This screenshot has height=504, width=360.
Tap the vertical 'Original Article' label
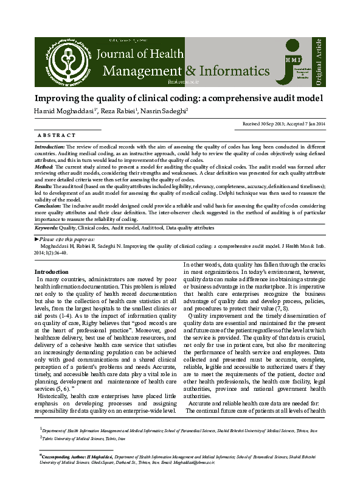point(318,61)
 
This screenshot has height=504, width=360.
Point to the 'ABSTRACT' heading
point(56,135)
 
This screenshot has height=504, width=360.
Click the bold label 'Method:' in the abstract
point(45,166)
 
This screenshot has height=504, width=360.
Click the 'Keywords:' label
point(46,227)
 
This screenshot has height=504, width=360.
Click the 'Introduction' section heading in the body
point(52,271)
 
